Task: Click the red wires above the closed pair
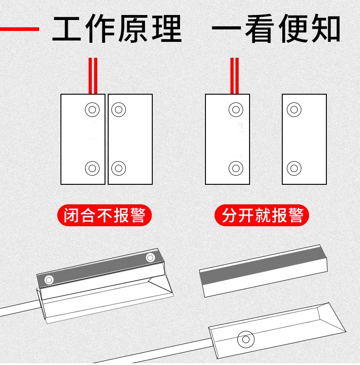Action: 93,76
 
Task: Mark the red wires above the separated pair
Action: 235,76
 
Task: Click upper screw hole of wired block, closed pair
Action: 92,110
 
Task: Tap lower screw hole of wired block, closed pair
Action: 92,168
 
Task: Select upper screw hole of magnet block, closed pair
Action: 119,110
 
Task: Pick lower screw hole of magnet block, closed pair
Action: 119,168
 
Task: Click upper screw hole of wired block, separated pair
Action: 236,110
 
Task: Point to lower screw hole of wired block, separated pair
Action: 236,168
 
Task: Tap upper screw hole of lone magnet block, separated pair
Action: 294,110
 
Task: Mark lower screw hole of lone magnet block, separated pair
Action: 294,168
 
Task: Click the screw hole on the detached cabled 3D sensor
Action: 246,338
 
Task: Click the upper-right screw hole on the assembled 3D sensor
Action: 150,258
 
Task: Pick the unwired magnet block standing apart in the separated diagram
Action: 304,139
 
